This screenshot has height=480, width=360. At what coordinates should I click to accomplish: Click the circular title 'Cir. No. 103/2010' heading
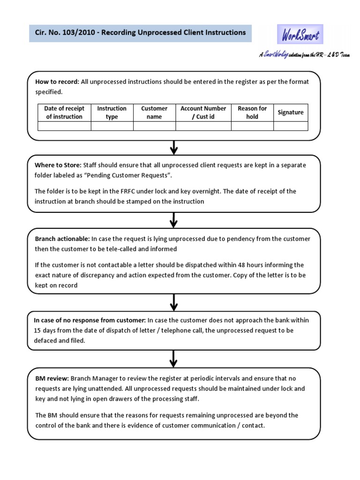point(140,33)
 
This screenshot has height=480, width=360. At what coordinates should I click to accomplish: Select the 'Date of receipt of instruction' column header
point(64,112)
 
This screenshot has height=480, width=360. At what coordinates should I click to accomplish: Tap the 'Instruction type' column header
point(112,112)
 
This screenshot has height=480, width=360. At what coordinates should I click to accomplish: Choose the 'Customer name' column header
point(154,112)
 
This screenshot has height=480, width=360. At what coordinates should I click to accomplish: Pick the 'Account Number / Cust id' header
point(203,112)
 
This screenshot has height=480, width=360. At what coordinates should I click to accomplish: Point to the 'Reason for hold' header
point(252,112)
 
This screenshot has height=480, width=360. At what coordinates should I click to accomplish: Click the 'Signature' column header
point(291,112)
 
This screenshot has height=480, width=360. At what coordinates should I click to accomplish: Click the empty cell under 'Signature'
point(291,126)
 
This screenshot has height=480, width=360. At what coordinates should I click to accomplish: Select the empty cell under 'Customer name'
point(154,126)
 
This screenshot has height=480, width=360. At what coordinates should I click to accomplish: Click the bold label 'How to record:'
point(57,82)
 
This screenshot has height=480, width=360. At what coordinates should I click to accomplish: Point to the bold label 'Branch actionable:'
point(62,239)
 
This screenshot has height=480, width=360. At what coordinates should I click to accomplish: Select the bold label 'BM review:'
point(52,378)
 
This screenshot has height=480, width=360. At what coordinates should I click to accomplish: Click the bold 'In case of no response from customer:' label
point(90,320)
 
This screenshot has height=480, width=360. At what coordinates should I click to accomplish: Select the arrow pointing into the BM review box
point(174,359)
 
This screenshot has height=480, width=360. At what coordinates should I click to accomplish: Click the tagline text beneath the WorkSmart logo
point(304,55)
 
